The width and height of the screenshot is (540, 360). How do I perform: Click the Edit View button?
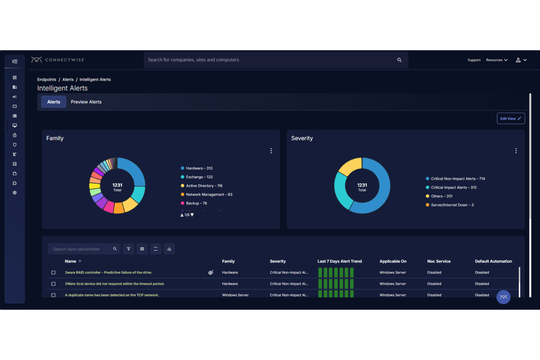[x=510, y=119]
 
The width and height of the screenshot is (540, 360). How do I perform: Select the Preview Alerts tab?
[x=86, y=102]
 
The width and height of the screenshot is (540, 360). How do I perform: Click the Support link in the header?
[x=474, y=60]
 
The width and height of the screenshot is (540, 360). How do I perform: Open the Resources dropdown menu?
[x=497, y=60]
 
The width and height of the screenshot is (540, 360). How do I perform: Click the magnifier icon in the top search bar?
[x=400, y=60]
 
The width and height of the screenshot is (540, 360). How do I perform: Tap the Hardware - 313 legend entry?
[x=199, y=169]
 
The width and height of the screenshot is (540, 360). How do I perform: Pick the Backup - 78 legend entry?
[x=196, y=204]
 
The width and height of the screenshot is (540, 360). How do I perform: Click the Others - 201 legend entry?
[x=441, y=196]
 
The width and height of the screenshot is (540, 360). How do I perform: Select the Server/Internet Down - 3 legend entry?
[x=452, y=205]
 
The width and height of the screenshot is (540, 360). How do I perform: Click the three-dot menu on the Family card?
[x=271, y=151]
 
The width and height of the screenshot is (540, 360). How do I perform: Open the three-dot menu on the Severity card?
[x=516, y=151]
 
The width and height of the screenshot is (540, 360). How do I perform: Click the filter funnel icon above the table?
[x=128, y=249]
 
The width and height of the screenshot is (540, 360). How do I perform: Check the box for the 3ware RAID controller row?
[x=53, y=273]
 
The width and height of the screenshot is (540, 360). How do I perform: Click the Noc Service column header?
[x=439, y=262]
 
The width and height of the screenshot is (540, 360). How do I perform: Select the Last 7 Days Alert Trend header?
[x=339, y=262]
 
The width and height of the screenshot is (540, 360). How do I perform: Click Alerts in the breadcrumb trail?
[x=68, y=80]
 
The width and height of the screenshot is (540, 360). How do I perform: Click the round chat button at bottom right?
[x=503, y=297]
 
